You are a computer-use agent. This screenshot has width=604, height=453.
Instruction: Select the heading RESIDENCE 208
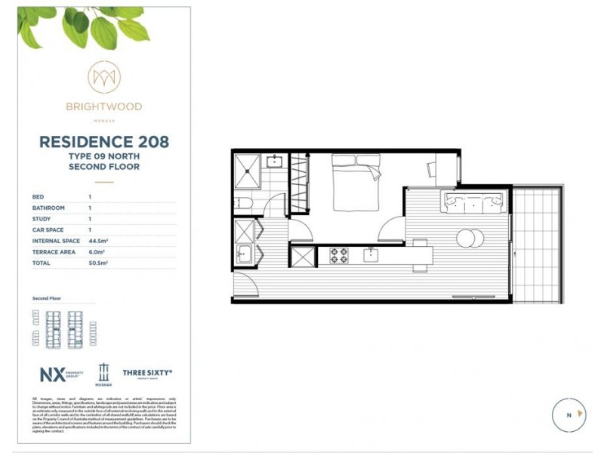(x=103, y=141)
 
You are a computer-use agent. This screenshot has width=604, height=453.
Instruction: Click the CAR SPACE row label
(x=48, y=230)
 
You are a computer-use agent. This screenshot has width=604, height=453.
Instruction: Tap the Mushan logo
(x=103, y=374)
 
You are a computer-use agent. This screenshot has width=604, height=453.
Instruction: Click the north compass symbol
(x=569, y=414)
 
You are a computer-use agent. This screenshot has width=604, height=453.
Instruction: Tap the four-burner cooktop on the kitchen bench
(x=338, y=256)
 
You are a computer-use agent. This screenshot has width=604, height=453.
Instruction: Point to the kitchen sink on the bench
(x=371, y=255)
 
